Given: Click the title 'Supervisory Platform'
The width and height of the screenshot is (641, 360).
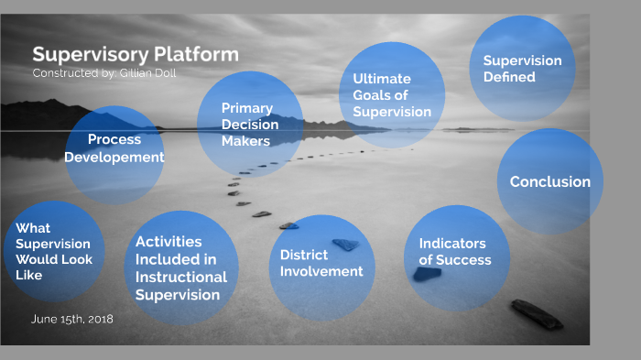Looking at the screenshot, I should click(x=136, y=54).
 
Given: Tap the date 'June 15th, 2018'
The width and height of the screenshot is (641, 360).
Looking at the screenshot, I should click(x=72, y=319).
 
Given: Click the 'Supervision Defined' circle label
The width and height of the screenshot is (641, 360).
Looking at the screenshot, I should click(x=522, y=69).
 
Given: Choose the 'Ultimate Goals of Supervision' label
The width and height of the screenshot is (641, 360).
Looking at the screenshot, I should click(x=392, y=95).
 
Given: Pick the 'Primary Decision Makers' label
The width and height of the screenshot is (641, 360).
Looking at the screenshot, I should click(x=246, y=125).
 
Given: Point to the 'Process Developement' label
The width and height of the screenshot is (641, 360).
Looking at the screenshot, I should click(x=114, y=148).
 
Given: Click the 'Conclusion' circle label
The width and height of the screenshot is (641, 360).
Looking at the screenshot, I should click(x=549, y=181).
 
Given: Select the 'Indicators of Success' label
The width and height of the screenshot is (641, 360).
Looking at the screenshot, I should click(x=455, y=252).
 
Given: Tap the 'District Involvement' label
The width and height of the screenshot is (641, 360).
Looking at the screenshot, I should click(x=321, y=263).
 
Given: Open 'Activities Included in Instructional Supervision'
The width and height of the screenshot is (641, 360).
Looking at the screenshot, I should click(x=181, y=267).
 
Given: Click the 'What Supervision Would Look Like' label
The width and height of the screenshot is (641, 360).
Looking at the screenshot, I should click(x=53, y=251).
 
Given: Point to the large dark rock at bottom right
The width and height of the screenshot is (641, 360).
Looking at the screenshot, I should click(x=537, y=314).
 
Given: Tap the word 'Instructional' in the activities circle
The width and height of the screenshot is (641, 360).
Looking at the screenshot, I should click(x=181, y=277).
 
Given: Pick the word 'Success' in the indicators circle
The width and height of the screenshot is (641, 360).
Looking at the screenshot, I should click(x=463, y=260).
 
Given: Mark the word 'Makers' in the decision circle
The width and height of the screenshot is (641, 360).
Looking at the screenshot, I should click(x=245, y=141).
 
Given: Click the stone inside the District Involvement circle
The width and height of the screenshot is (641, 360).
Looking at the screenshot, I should click(x=346, y=245).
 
